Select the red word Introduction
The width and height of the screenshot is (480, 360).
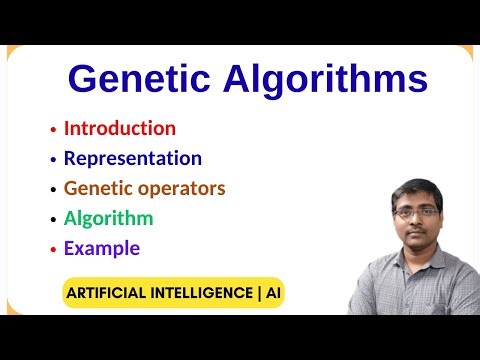(x=119, y=128)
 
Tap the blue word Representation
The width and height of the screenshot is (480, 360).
(x=132, y=158)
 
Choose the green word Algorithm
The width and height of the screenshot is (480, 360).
(x=108, y=218)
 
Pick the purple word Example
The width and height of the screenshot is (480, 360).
(x=101, y=248)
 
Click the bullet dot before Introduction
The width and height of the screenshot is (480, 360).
(x=53, y=130)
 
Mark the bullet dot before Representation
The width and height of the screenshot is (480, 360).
(x=53, y=160)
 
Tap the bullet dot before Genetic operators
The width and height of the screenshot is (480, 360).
(x=53, y=190)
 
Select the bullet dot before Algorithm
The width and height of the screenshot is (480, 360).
(x=53, y=220)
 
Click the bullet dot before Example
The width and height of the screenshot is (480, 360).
(x=53, y=250)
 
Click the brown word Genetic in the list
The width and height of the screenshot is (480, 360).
(x=95, y=188)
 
